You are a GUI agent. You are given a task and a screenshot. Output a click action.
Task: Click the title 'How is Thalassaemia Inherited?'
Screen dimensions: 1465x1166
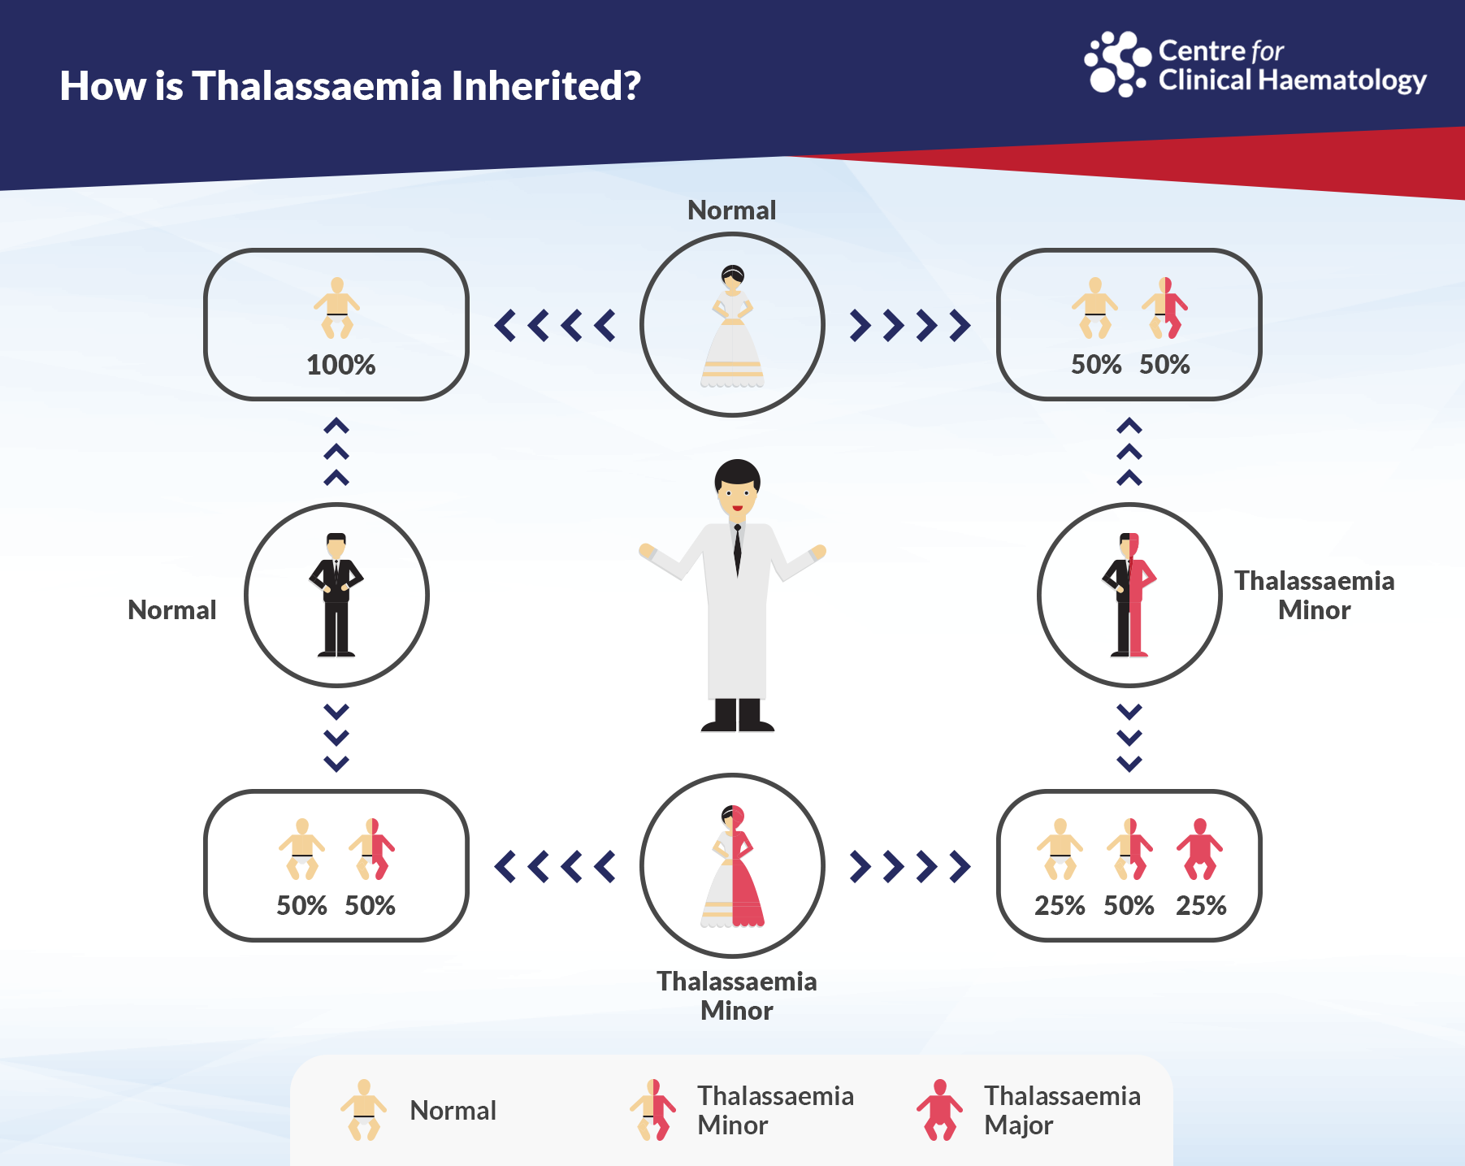[350, 86]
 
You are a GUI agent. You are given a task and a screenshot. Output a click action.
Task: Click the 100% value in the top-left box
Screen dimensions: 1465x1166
[340, 365]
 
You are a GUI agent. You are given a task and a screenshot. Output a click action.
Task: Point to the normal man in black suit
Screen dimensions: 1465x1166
[336, 594]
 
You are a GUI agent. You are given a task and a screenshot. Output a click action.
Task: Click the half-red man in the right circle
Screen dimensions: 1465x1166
[1129, 594]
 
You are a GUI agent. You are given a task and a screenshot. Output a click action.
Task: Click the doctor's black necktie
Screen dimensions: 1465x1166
[737, 551]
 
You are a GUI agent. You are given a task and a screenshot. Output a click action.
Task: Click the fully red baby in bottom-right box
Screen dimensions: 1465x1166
[1199, 849]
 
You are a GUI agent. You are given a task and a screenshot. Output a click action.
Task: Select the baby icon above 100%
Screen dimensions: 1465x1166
[337, 308]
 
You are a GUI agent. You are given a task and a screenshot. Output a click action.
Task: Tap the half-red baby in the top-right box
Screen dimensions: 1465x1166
[1164, 308]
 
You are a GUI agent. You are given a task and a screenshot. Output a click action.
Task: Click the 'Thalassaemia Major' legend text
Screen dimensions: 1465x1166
[1062, 1110]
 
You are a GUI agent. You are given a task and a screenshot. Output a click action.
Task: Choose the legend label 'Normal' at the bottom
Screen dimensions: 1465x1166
[453, 1111]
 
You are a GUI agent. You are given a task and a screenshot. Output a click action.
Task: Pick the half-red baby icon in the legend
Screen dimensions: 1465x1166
[652, 1110]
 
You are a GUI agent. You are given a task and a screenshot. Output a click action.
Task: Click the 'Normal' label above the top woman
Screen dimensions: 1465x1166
[732, 210]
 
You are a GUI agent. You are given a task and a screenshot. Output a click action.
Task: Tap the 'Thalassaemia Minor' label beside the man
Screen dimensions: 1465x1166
[1314, 595]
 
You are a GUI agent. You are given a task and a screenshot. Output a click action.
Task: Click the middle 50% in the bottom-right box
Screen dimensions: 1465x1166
[1129, 905]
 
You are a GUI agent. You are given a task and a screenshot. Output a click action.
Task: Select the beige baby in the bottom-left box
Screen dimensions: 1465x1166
[301, 849]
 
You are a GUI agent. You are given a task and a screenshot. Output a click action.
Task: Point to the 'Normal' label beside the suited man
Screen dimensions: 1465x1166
[172, 610]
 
